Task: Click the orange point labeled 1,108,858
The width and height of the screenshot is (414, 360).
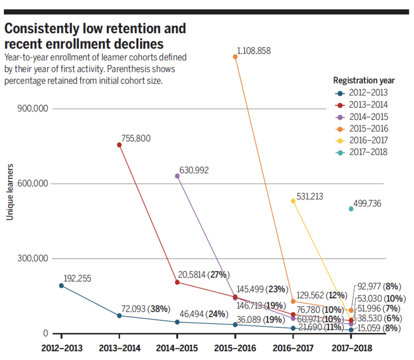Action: (235, 57)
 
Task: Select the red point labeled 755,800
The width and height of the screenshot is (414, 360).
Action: (119, 145)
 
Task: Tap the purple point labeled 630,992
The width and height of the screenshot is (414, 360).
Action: (177, 176)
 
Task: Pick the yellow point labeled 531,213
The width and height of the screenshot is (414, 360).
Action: (293, 201)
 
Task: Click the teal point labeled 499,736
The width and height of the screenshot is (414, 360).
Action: (351, 209)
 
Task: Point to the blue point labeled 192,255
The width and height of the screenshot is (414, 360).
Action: (61, 285)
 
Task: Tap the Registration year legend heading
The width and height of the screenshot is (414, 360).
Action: (364, 80)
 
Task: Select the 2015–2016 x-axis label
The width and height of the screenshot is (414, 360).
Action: (235, 348)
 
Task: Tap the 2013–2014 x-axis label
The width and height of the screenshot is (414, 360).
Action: (119, 348)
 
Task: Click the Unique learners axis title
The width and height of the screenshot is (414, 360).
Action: (9, 192)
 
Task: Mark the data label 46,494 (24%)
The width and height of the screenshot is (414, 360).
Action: (204, 314)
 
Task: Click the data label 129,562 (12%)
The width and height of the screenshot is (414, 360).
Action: (322, 295)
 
